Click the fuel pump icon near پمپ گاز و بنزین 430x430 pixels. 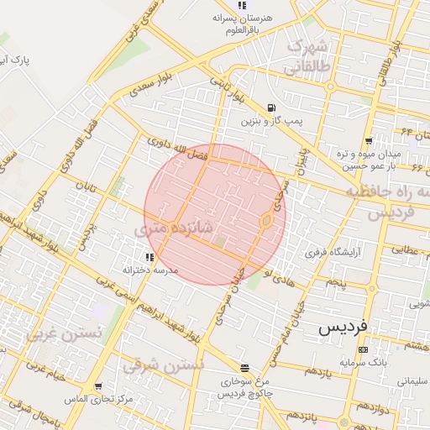[x=270, y=107]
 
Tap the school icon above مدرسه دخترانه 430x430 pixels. [x=149, y=257]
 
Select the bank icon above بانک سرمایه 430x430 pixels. [x=363, y=349]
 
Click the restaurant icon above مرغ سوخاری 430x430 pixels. [x=244, y=368]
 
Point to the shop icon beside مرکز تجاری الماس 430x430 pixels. [x=98, y=386]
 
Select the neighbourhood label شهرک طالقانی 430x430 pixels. [x=310, y=55]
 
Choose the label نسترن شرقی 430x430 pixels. [x=163, y=366]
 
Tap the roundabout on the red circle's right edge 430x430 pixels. [x=266, y=221]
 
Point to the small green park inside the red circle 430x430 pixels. [x=220, y=242]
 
